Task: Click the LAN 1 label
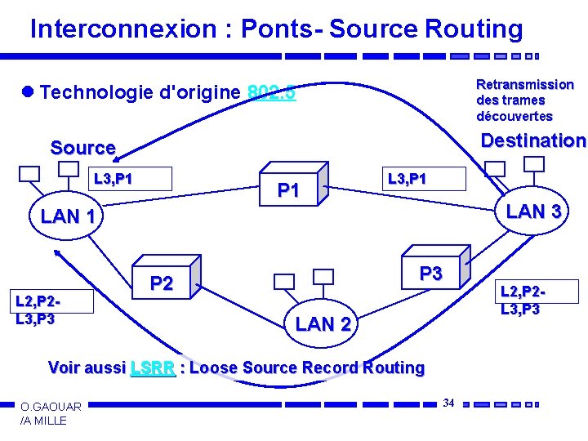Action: click(73, 217)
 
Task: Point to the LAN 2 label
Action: click(323, 324)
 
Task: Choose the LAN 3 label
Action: click(533, 212)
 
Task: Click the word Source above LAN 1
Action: click(83, 148)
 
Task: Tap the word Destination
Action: click(533, 140)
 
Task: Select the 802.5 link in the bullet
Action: click(271, 92)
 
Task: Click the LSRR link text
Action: click(153, 367)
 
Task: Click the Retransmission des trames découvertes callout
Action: click(525, 100)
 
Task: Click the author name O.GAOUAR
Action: click(51, 407)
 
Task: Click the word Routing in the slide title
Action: click(474, 29)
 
